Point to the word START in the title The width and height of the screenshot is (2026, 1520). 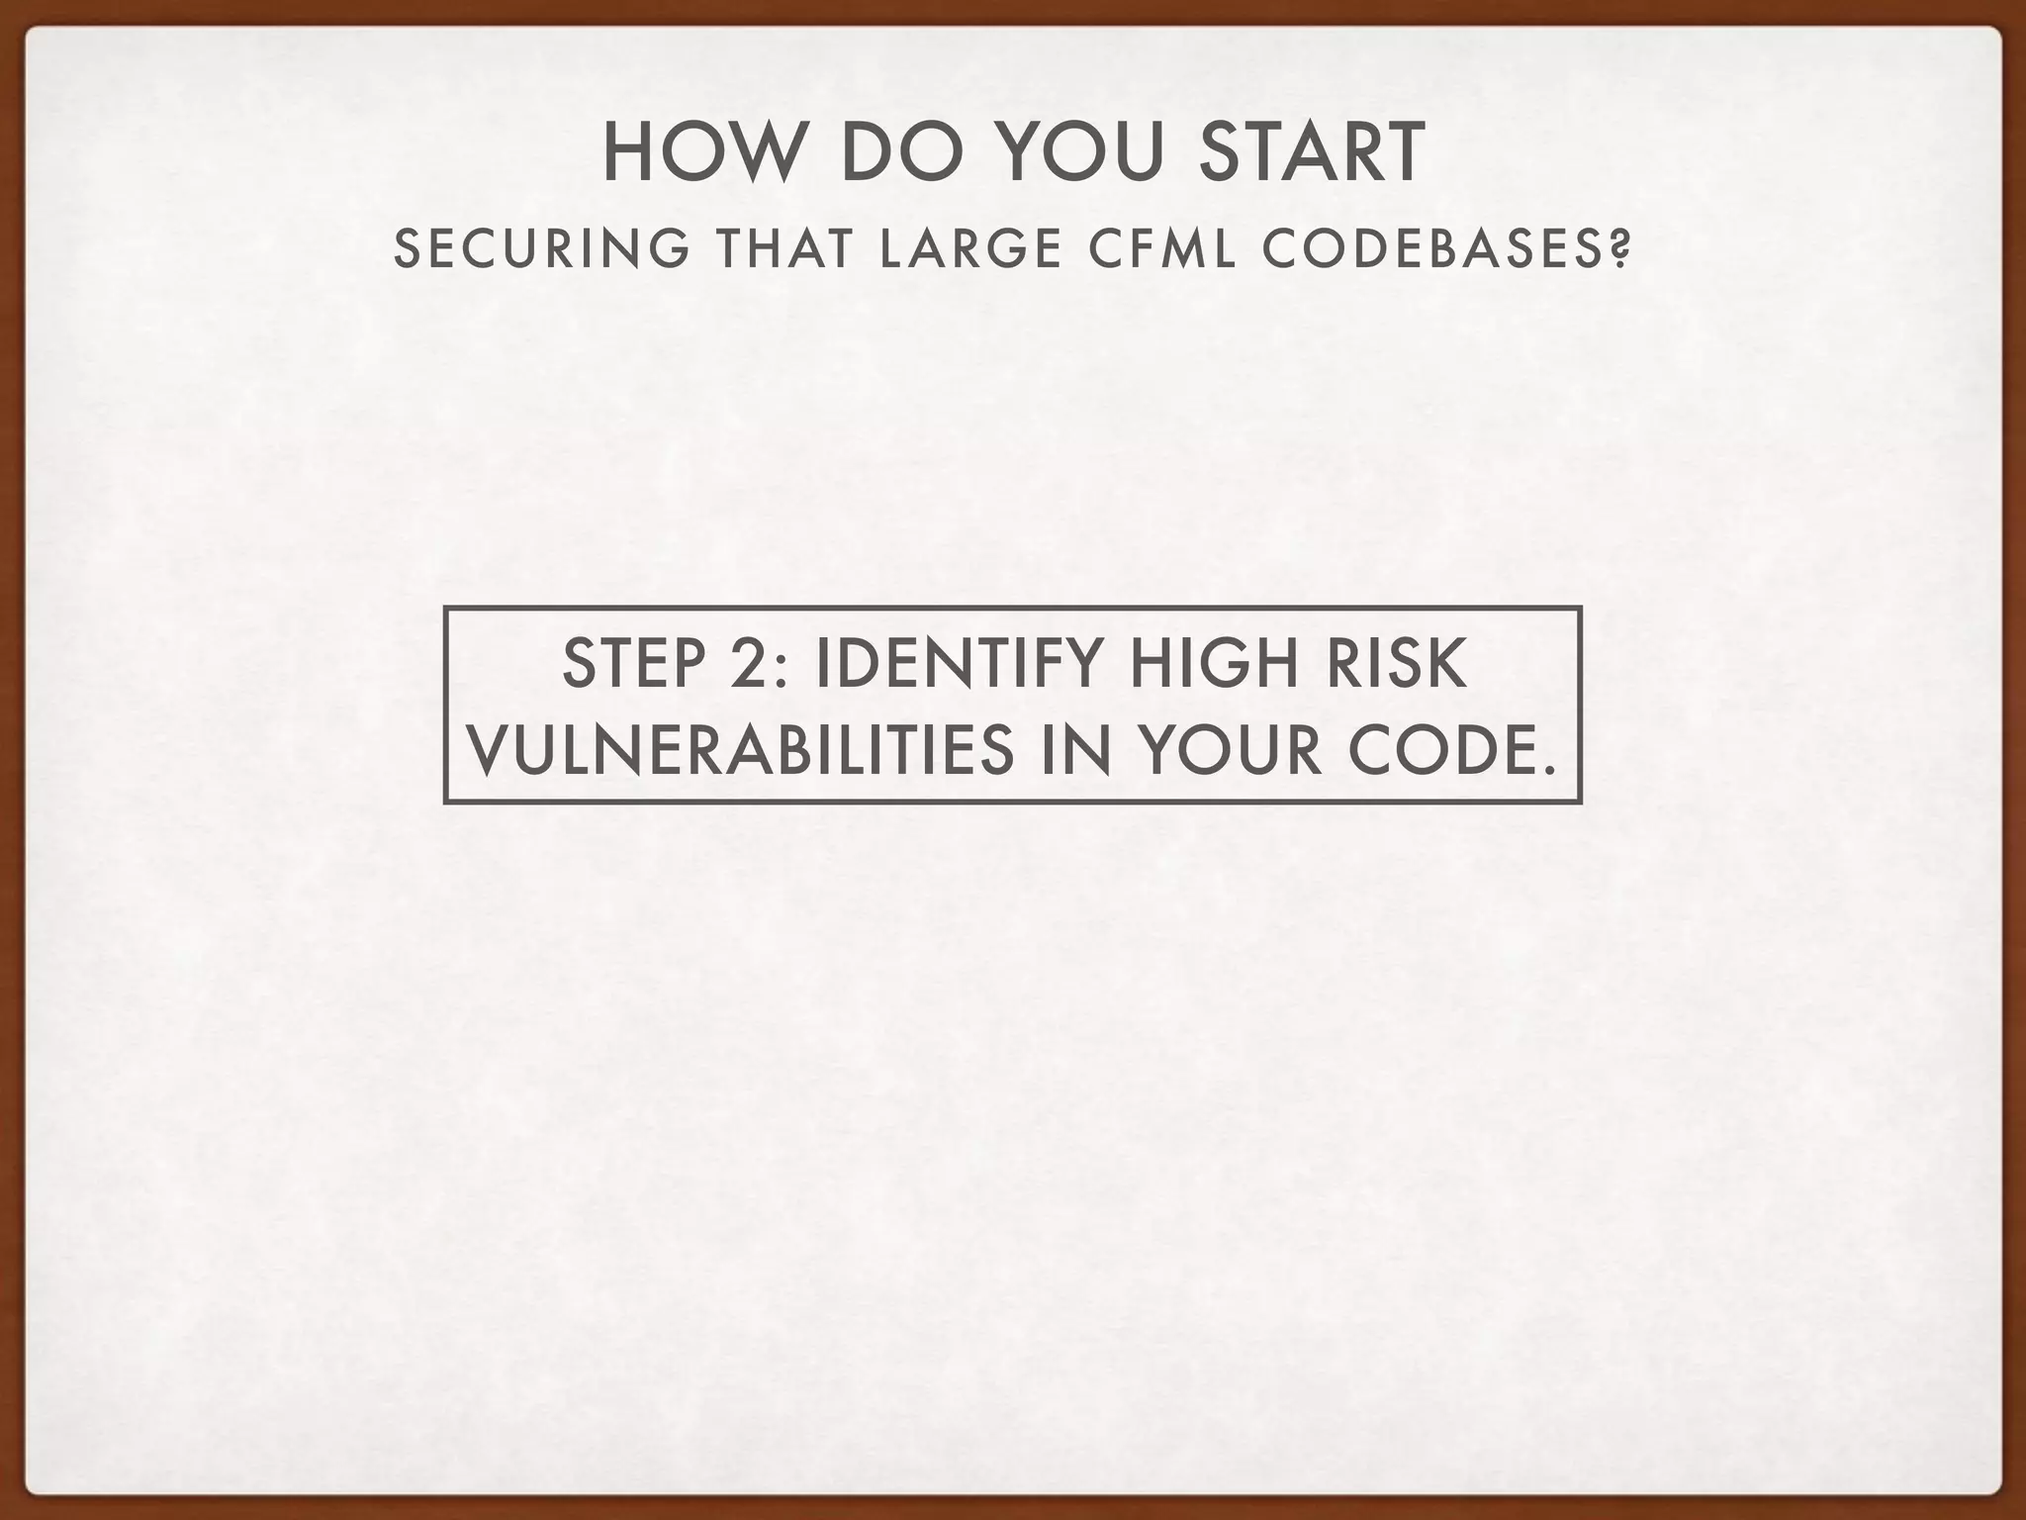[x=1313, y=153]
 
